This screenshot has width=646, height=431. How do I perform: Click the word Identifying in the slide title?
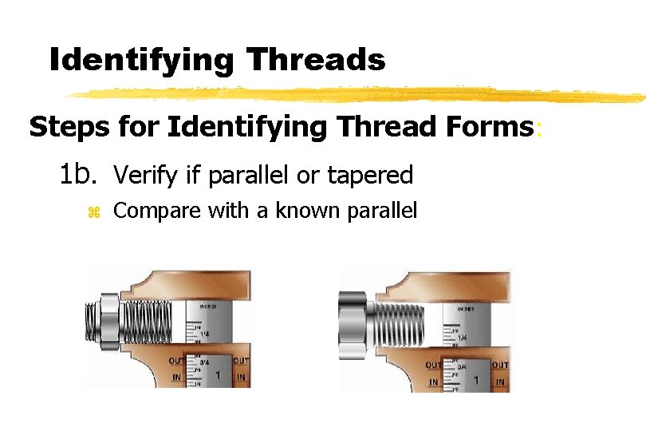tap(141, 60)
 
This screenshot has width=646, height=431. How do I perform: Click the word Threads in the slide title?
tap(316, 60)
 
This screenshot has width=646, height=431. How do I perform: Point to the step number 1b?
tap(80, 173)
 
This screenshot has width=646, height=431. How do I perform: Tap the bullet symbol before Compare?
tap(93, 212)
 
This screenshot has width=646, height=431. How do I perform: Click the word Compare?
tap(156, 212)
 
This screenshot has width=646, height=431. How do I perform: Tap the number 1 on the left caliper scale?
tap(219, 373)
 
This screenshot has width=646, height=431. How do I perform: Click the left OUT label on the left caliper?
tap(176, 361)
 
